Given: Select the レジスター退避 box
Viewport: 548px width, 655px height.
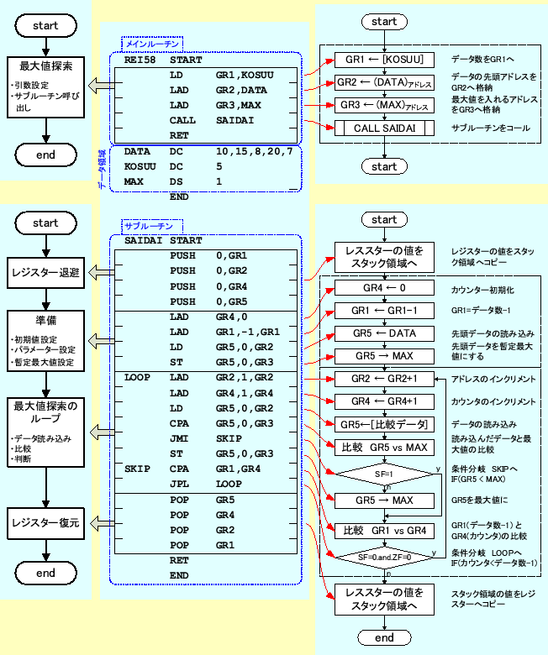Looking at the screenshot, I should pyautogui.click(x=45, y=271).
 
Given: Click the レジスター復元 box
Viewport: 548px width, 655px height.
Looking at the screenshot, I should pyautogui.click(x=45, y=522).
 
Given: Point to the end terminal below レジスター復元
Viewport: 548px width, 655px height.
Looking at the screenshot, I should pyautogui.click(x=45, y=574).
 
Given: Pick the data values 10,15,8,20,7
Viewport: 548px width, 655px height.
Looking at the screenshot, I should pyautogui.click(x=254, y=151).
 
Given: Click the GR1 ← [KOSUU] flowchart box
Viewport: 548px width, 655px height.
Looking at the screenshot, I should pyautogui.click(x=384, y=60).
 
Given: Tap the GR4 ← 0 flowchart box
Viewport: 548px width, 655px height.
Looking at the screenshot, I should pyautogui.click(x=384, y=287).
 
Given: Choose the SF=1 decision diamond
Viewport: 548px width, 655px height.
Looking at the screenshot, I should pyautogui.click(x=384, y=474).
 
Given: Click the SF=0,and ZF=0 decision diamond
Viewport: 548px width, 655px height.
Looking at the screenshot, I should pyautogui.click(x=384, y=555).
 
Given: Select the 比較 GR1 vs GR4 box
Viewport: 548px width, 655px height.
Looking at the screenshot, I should pyautogui.click(x=384, y=531).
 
